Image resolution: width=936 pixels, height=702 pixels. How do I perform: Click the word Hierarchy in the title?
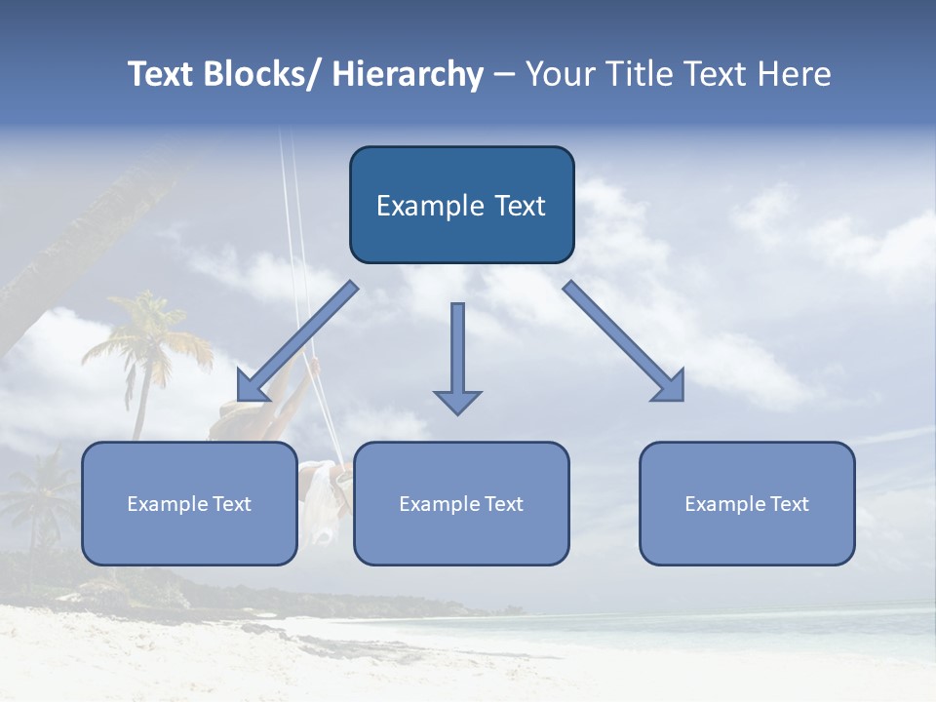tap(408, 74)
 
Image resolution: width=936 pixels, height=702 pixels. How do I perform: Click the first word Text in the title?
tap(162, 74)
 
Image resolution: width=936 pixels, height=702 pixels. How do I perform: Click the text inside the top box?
tap(461, 206)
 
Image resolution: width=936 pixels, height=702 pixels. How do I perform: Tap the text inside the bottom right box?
tap(747, 504)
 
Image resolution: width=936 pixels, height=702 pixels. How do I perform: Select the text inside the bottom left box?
tap(189, 504)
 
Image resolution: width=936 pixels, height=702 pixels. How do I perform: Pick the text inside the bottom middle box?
tap(461, 504)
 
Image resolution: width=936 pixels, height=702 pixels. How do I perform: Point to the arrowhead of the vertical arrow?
tap(457, 401)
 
